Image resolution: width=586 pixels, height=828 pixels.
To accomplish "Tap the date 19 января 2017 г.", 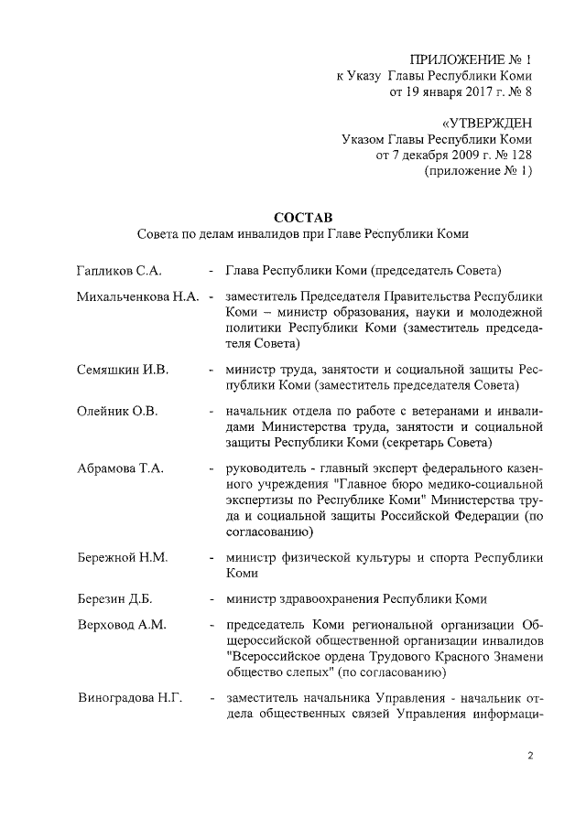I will tap(439, 91).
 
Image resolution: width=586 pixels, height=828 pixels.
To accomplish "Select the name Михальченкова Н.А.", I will tap(138, 297).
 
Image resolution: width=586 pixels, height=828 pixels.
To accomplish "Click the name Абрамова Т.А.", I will tap(120, 468).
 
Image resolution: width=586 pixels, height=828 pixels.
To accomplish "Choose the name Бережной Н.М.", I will tap(122, 557).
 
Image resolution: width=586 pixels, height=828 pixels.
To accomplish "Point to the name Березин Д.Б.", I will tap(114, 599).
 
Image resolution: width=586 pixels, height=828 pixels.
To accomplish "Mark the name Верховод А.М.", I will tap(119, 625).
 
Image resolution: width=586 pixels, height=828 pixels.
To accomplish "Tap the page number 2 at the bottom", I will tap(530, 755).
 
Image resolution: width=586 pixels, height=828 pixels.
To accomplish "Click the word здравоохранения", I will tap(324, 599).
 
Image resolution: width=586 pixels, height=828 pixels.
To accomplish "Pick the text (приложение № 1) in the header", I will tap(478, 170).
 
